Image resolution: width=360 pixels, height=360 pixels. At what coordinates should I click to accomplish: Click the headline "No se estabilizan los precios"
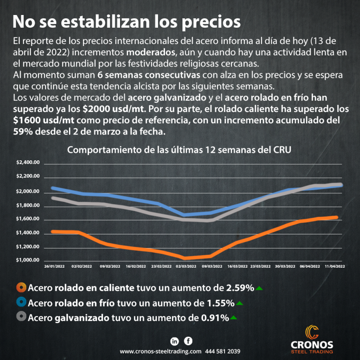[126, 22]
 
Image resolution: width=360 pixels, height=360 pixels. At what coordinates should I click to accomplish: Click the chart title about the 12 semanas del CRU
[180, 150]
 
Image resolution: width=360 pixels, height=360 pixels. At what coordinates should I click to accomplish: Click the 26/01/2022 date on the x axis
[55, 266]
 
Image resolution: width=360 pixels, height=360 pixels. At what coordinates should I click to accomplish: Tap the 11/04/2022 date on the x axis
[335, 266]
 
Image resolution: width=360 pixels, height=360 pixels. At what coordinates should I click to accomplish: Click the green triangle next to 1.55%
[240, 303]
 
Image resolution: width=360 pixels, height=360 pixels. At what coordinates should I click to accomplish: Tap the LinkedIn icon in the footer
[175, 341]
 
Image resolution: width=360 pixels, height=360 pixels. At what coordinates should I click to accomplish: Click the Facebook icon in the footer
[188, 341]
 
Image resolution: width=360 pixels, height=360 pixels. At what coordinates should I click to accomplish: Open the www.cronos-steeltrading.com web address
[160, 351]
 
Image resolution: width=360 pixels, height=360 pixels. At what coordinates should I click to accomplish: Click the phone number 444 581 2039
[223, 351]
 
